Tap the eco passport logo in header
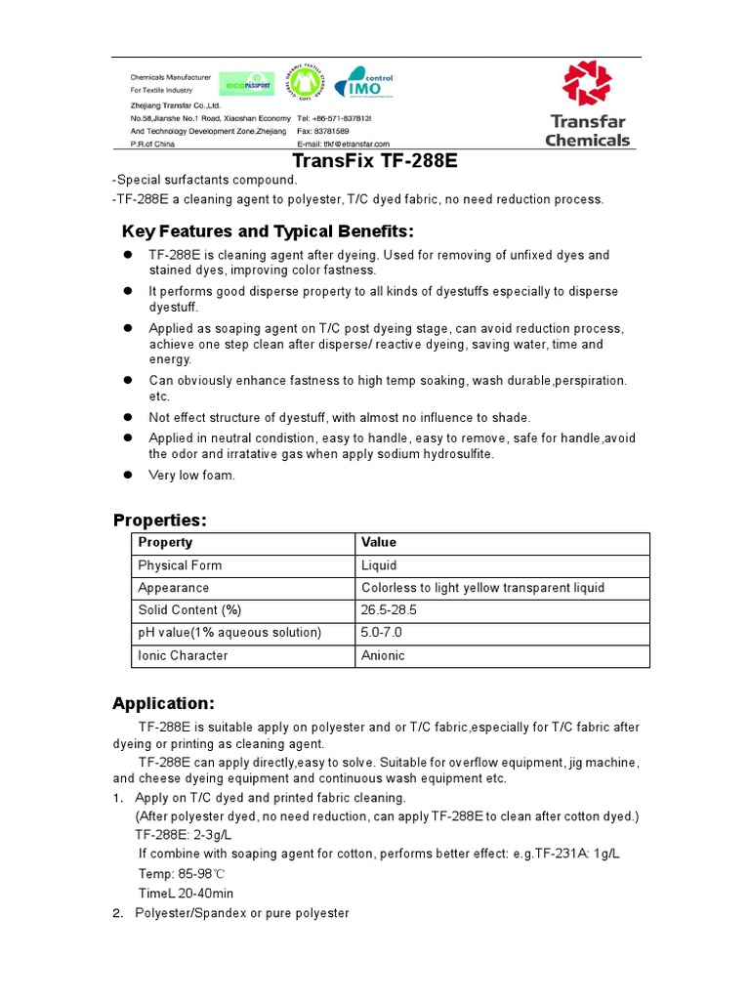point(247,86)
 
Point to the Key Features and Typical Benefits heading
point(268,231)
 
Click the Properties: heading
point(160,519)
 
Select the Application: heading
point(162,703)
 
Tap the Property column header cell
point(242,543)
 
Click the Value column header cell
point(502,543)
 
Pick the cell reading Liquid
point(502,565)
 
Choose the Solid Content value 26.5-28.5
point(502,610)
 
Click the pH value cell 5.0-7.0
point(502,633)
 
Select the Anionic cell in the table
point(502,655)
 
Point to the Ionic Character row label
point(242,655)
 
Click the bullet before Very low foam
point(127,476)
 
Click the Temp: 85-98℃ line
point(182,874)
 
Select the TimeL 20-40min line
point(186,894)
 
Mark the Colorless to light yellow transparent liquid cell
point(502,588)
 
